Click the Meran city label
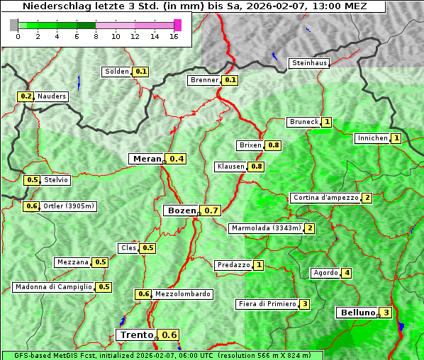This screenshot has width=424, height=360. (x=147, y=159)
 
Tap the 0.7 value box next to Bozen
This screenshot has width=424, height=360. (x=211, y=210)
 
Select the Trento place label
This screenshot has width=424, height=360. (x=136, y=335)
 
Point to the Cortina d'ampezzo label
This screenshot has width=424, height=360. (x=325, y=198)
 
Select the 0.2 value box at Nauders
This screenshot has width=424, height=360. (x=26, y=96)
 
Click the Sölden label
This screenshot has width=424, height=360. (x=117, y=72)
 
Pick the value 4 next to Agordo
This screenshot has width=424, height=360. (x=347, y=273)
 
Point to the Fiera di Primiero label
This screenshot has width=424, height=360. (x=267, y=304)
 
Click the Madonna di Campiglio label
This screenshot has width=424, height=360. (x=52, y=287)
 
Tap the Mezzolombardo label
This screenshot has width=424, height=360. (x=182, y=294)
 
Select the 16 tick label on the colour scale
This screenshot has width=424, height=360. (x=174, y=37)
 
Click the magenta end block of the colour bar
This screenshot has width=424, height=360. (x=177, y=25)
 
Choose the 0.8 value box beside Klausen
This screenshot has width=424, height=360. (x=256, y=167)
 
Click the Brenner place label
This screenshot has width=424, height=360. (x=204, y=80)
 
